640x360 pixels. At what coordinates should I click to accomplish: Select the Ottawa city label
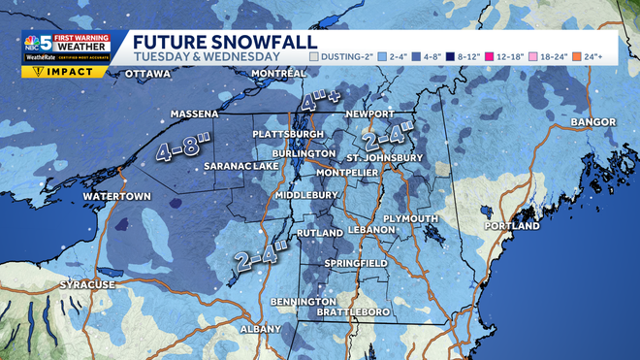pos(149,74)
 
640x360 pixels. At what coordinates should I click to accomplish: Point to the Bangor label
pos(593,122)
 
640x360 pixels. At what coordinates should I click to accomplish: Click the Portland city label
pos(512,225)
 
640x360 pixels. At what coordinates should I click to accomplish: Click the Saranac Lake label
pos(240,166)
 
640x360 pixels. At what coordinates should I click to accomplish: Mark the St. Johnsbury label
pos(385,157)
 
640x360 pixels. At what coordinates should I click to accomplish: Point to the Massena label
pos(194,114)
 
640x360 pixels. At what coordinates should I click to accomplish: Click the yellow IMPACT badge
pos(51,71)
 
